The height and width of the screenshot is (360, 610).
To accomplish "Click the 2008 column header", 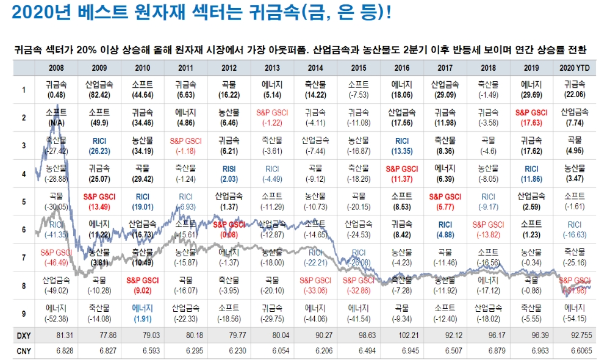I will (56, 67).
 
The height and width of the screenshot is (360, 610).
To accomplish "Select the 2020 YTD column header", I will (574, 67).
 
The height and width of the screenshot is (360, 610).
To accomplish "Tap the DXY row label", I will (23, 336).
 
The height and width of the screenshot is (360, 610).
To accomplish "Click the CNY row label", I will (23, 351).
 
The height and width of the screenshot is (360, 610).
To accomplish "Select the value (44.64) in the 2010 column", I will (142, 96).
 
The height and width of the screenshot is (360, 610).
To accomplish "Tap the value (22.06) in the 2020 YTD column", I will (574, 96).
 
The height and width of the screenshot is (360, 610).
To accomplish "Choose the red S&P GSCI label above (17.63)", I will (531, 113).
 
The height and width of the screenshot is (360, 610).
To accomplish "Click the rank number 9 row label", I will (23, 314).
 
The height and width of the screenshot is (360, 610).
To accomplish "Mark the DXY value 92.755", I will (574, 336).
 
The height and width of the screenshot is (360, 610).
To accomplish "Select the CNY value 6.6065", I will (574, 351).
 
